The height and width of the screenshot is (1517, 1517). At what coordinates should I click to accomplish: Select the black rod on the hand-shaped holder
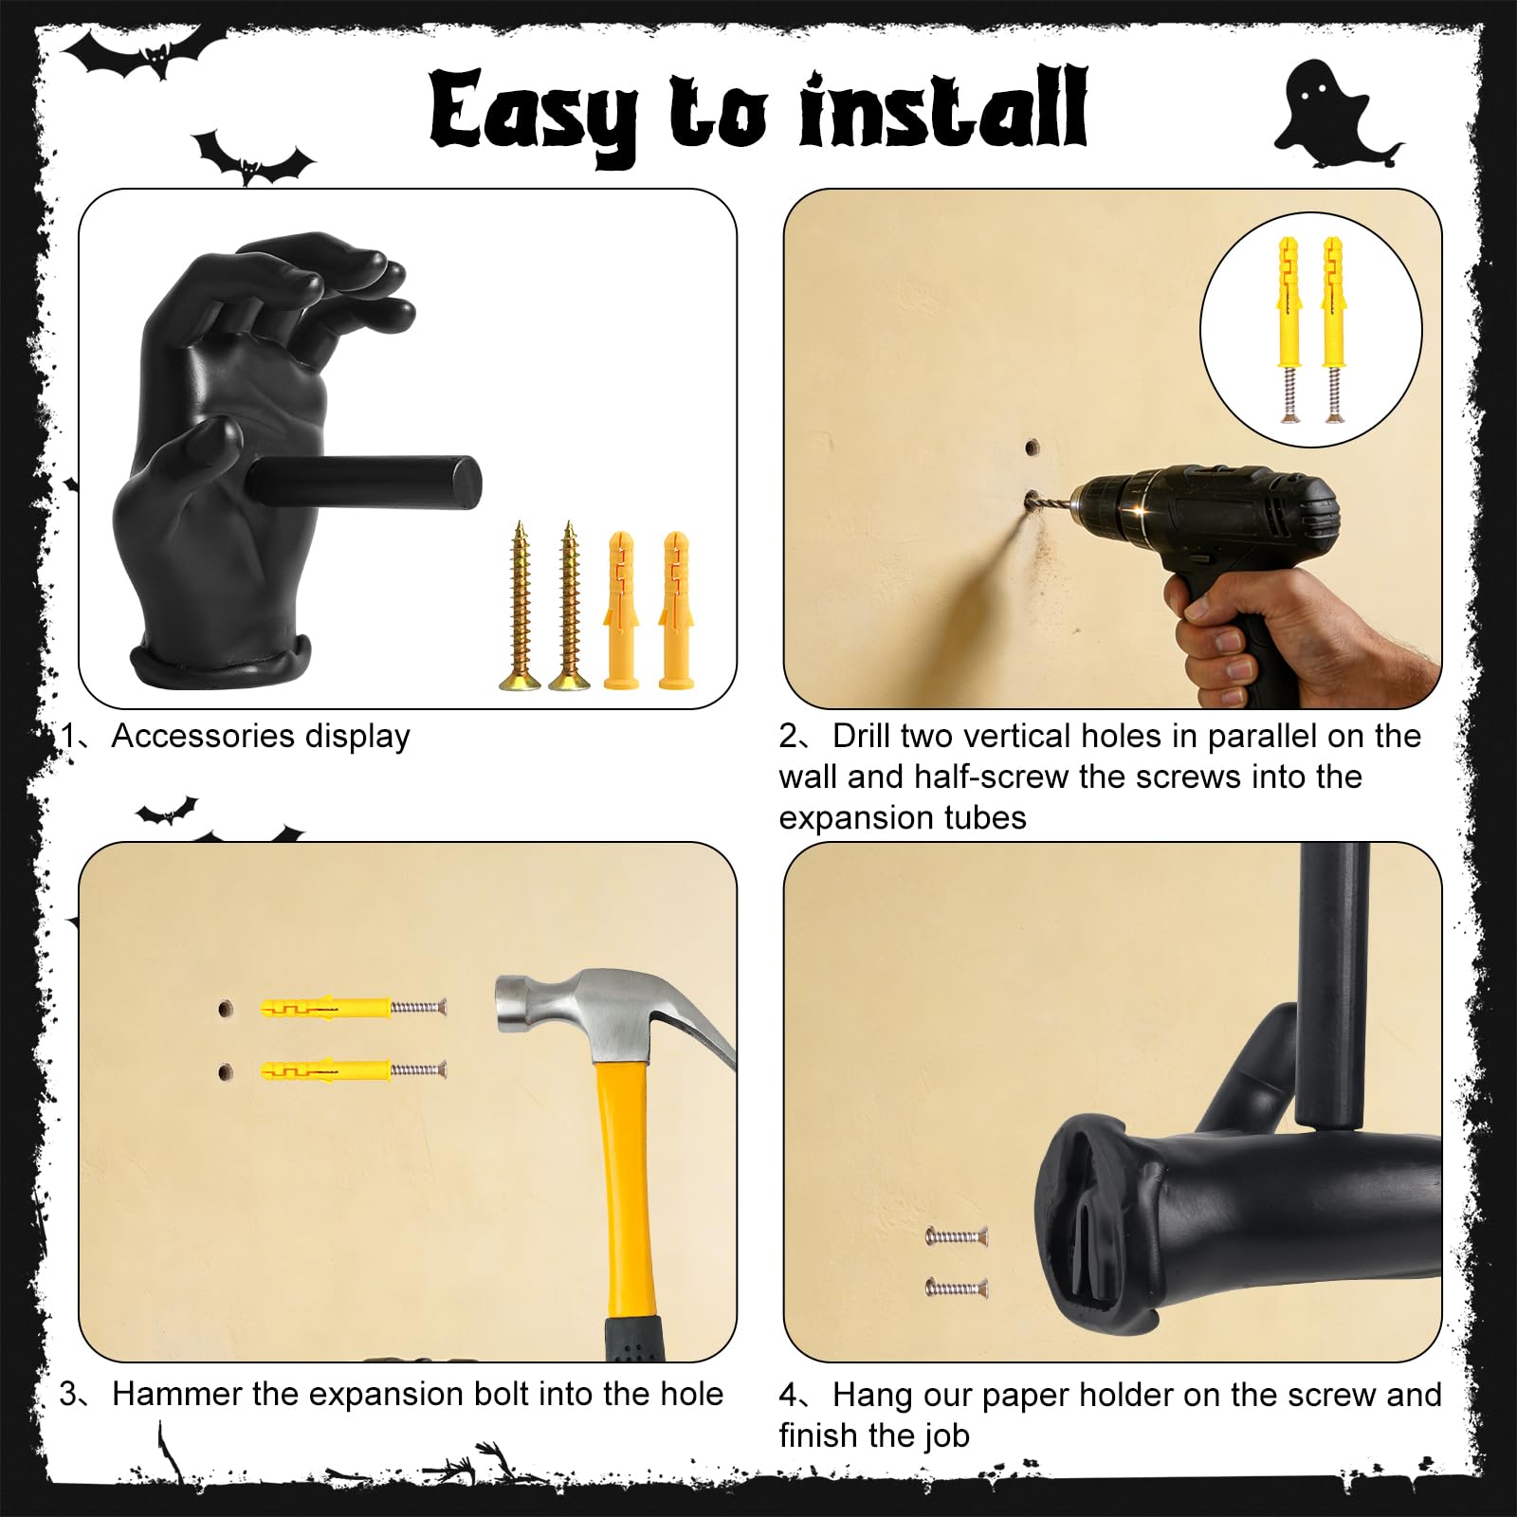[365, 482]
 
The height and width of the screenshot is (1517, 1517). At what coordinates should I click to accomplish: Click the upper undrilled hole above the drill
[1032, 446]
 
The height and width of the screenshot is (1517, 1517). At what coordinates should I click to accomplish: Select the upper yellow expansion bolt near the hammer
[353, 1007]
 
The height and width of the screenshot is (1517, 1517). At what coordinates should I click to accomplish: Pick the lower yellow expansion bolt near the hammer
[353, 1069]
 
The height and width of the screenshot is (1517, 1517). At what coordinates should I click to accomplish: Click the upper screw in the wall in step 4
[957, 1235]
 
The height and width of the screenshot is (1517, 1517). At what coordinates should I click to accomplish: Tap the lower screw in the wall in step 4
[957, 1288]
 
